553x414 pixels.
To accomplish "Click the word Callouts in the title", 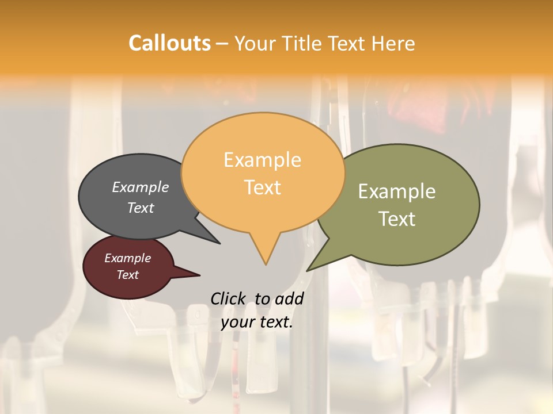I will pyautogui.click(x=169, y=43).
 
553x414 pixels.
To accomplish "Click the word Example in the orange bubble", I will pyautogui.click(x=262, y=160).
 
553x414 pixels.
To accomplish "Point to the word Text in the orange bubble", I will pyautogui.click(x=263, y=187).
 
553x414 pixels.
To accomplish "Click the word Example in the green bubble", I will pyautogui.click(x=397, y=191).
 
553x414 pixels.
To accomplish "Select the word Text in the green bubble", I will pyautogui.click(x=397, y=219).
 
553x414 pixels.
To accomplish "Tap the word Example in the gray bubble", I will pyautogui.click(x=141, y=187).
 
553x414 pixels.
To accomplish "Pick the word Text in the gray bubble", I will pyautogui.click(x=141, y=208).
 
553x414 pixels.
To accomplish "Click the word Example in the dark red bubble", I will pyautogui.click(x=128, y=258).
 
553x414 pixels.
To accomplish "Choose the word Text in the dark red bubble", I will pyautogui.click(x=128, y=275).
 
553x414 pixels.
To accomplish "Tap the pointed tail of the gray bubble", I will pyautogui.click(x=218, y=241).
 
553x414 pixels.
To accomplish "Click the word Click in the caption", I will pyautogui.click(x=228, y=298).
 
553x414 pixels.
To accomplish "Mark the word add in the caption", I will pyautogui.click(x=290, y=298).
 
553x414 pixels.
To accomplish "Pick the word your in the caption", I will pyautogui.click(x=237, y=322).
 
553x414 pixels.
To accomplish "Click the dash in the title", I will pyautogui.click(x=222, y=44).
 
